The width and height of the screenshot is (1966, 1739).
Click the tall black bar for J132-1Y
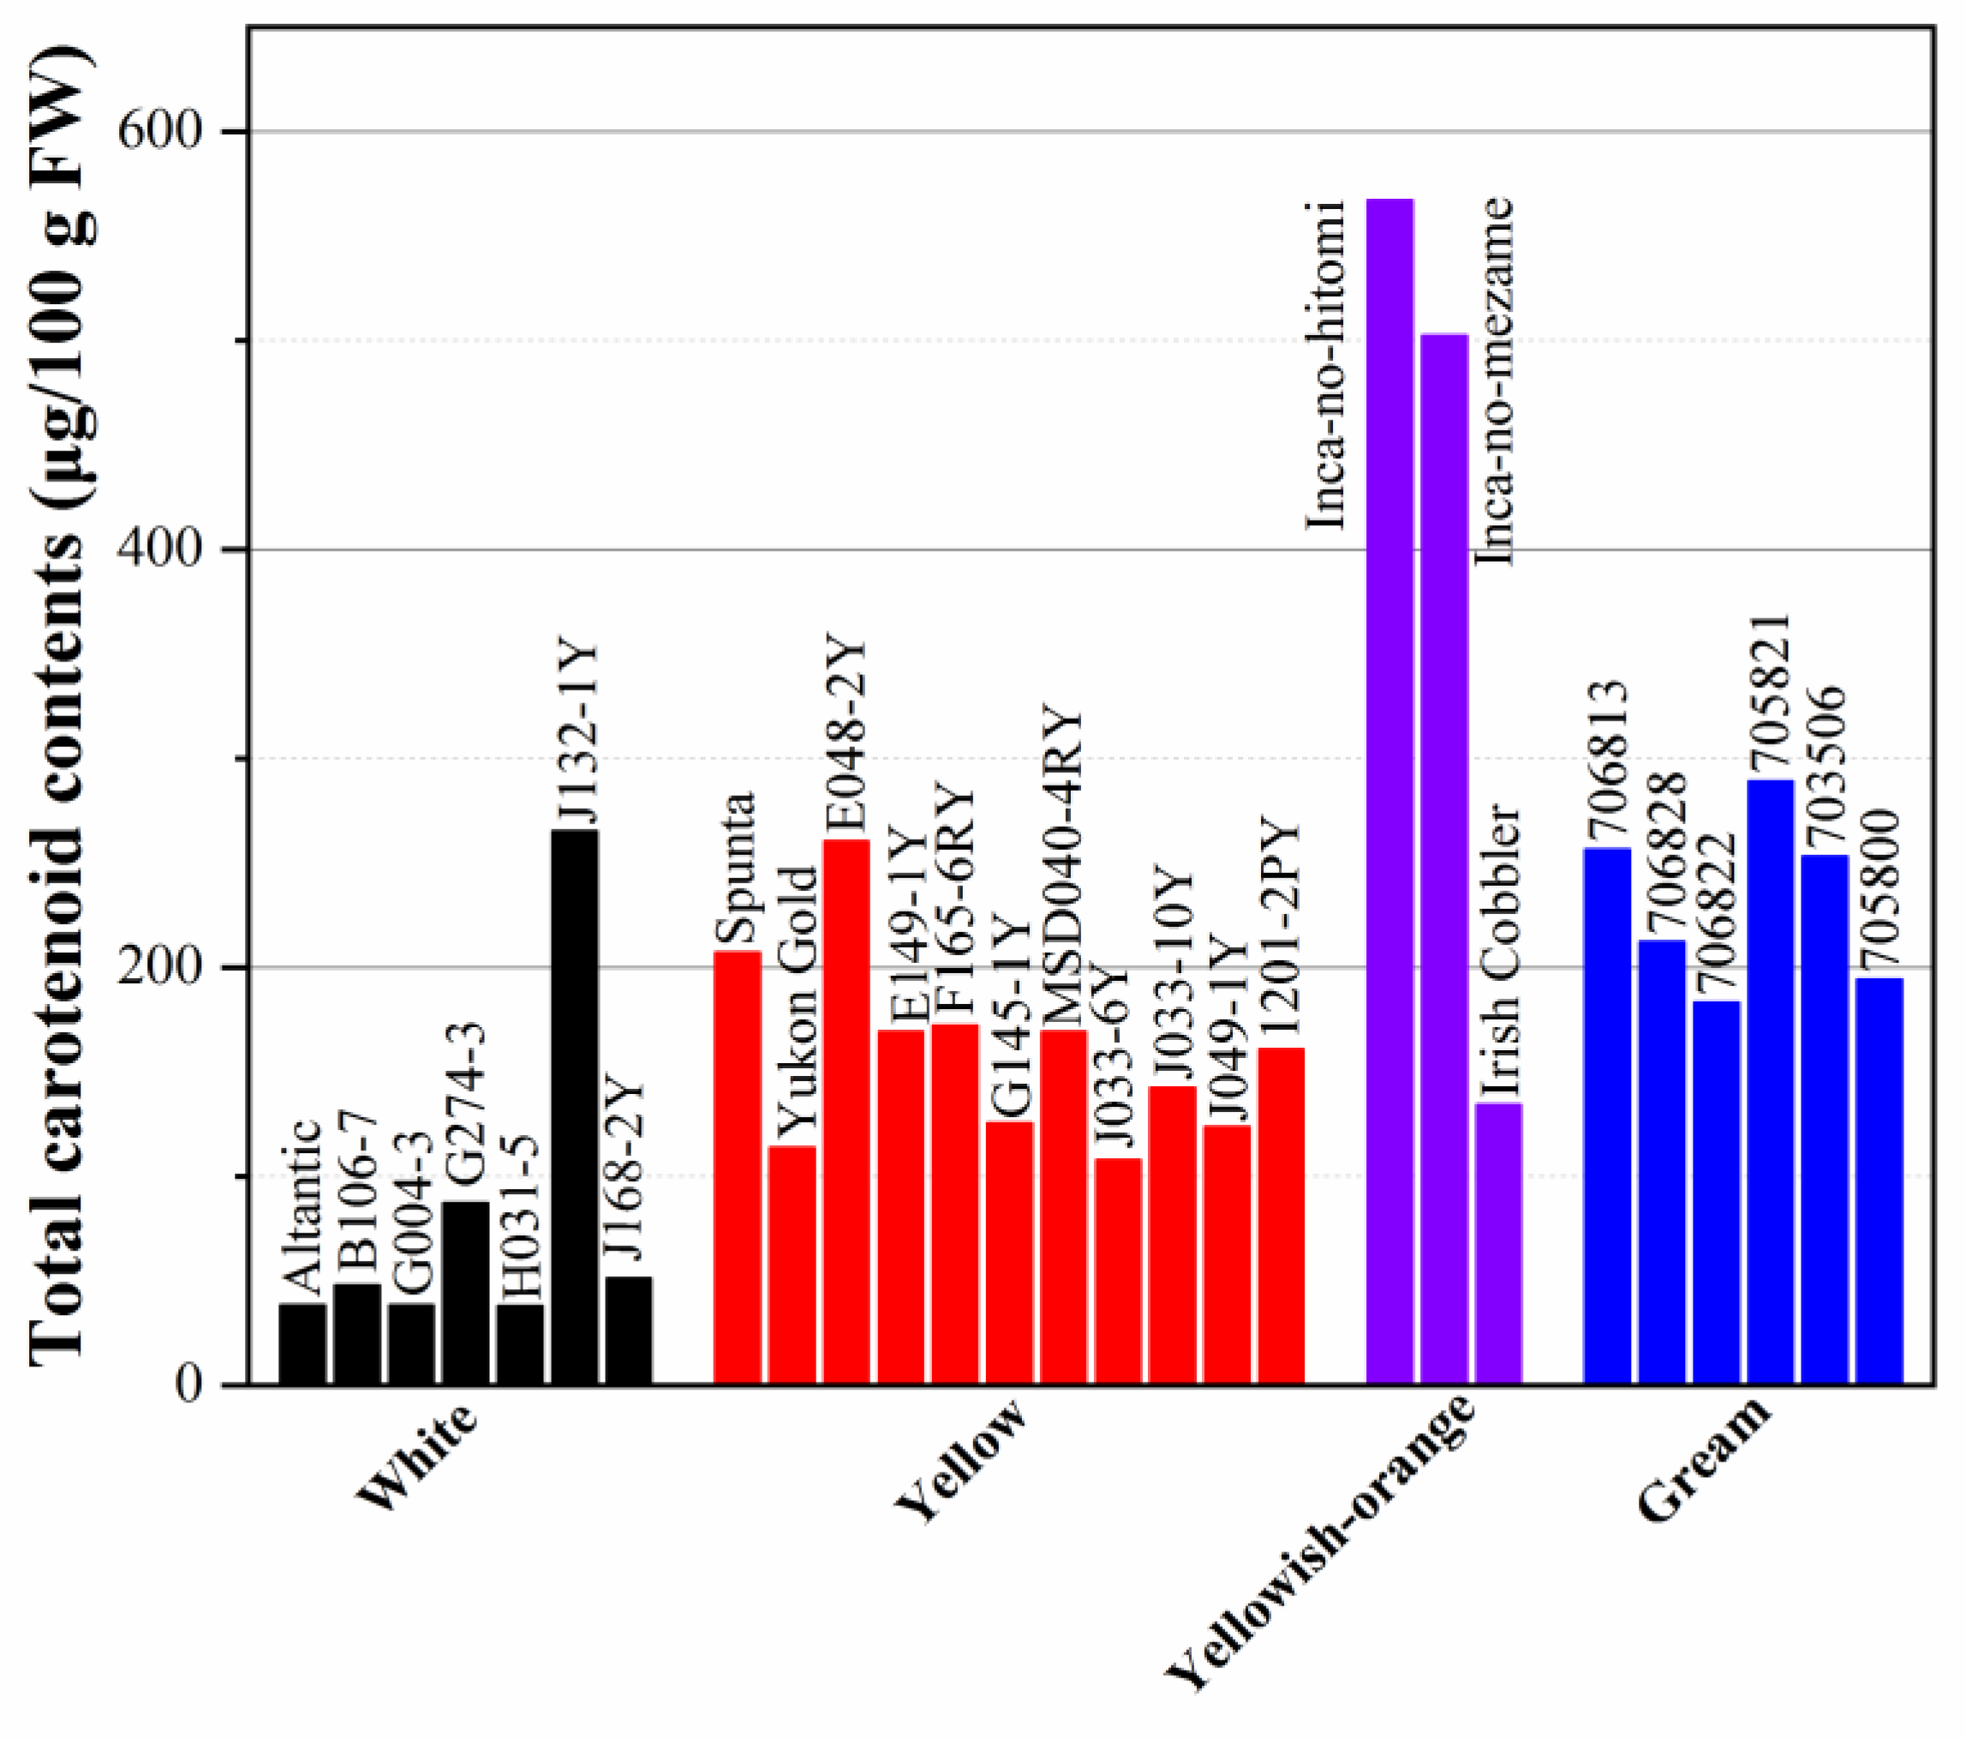click(574, 1106)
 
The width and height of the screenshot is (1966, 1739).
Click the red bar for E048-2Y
click(846, 1111)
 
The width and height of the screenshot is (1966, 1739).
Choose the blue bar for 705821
click(1770, 1081)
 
